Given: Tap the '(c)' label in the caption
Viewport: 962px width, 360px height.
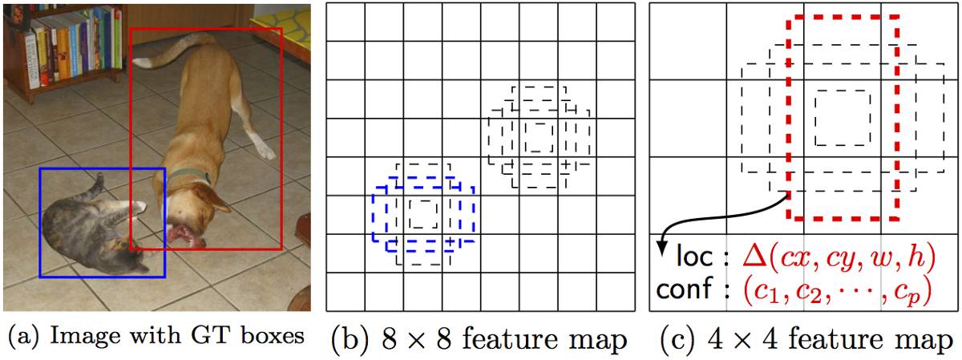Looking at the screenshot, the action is [676, 339].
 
